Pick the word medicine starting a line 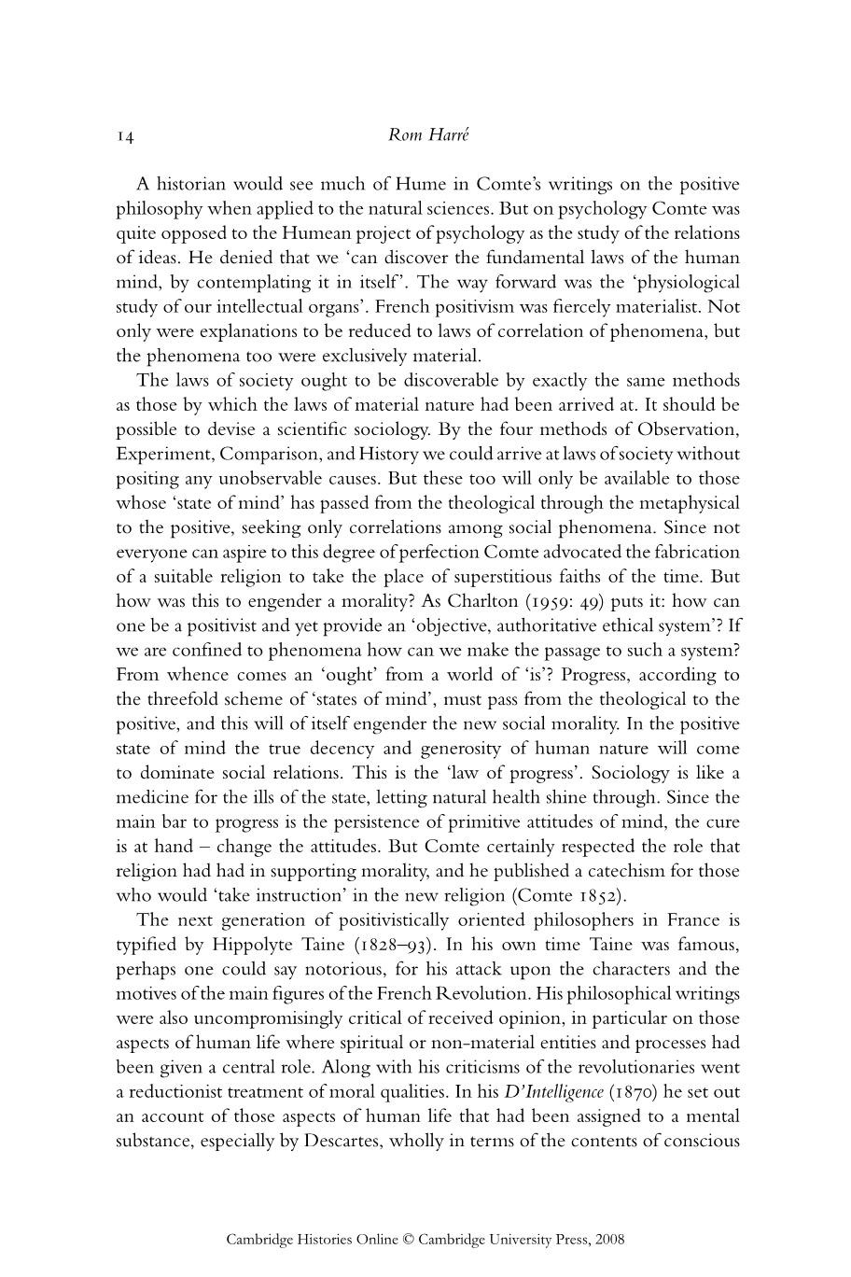point(149,797)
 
